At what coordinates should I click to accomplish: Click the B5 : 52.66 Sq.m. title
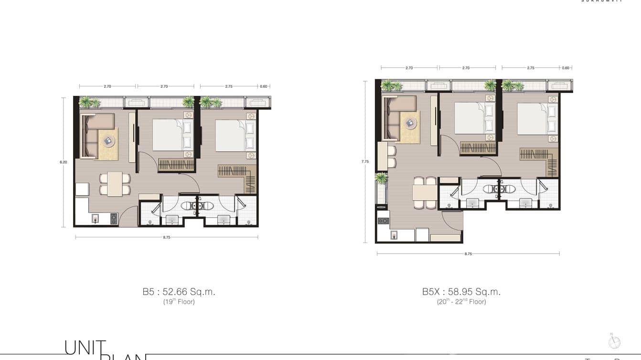click(179, 292)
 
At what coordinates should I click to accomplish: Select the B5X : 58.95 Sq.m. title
click(461, 292)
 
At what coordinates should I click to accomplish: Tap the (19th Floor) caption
click(179, 302)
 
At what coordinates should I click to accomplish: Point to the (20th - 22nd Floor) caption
click(461, 302)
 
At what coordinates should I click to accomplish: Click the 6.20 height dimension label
click(64, 162)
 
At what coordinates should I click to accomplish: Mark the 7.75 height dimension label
click(365, 162)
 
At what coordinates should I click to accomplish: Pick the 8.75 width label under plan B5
click(167, 237)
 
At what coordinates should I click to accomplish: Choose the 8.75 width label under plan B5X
click(468, 254)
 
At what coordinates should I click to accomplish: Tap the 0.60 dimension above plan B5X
click(566, 68)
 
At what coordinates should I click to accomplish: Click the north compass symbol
click(614, 342)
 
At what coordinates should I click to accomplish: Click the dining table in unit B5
click(115, 184)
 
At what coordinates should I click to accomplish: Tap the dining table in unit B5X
click(425, 193)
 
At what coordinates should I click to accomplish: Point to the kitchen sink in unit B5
click(96, 219)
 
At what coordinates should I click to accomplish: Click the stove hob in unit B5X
click(383, 221)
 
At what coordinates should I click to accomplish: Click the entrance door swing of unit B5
click(128, 218)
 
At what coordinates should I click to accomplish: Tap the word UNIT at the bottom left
click(85, 348)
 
